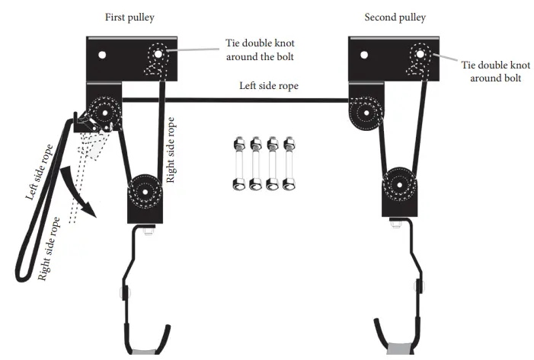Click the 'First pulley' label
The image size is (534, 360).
click(130, 17)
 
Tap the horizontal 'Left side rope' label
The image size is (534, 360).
click(270, 86)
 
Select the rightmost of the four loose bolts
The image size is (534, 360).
click(289, 163)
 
